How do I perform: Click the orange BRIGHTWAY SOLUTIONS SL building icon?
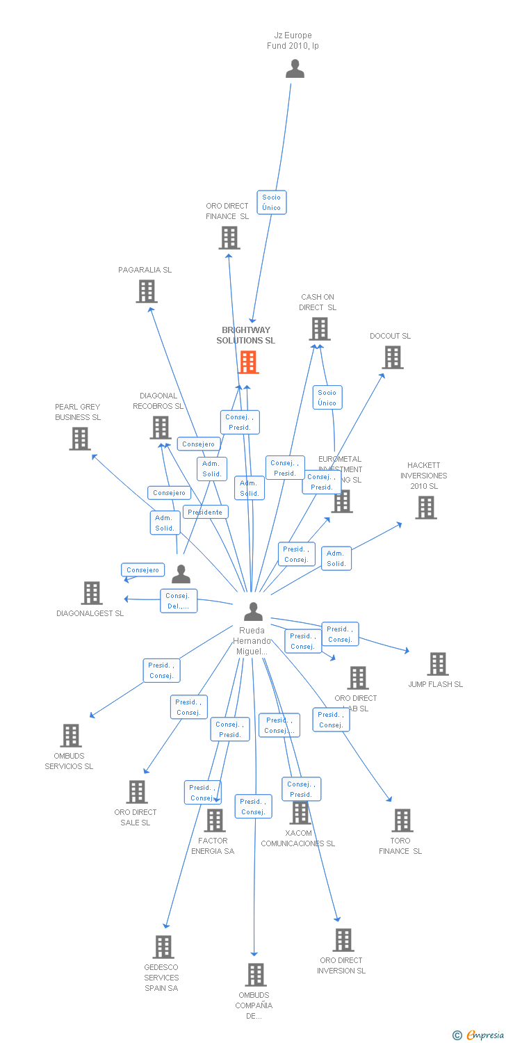[x=248, y=362]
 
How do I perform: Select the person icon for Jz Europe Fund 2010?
[x=295, y=69]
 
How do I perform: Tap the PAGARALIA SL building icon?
[x=147, y=291]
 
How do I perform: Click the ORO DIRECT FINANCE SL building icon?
[x=229, y=238]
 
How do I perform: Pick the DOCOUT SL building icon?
[x=393, y=357]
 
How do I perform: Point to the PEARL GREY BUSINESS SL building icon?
[x=80, y=439]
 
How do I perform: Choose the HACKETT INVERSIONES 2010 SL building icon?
[x=426, y=508]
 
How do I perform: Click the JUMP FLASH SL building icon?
[x=438, y=664]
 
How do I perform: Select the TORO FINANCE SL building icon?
[x=402, y=820]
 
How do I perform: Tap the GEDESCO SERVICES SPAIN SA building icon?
[x=163, y=947]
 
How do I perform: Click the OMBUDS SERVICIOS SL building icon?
[x=71, y=736]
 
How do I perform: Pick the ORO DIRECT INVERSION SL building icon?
[x=343, y=940]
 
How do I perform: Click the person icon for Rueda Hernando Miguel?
[x=254, y=612]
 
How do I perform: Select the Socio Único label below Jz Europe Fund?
[x=272, y=202]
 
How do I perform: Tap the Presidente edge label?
[x=205, y=512]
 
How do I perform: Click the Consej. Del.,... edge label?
[x=179, y=601]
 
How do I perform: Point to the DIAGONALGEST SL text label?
[x=90, y=613]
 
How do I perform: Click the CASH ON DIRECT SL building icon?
[x=320, y=329]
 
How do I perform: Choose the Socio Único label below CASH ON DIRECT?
[x=327, y=398]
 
